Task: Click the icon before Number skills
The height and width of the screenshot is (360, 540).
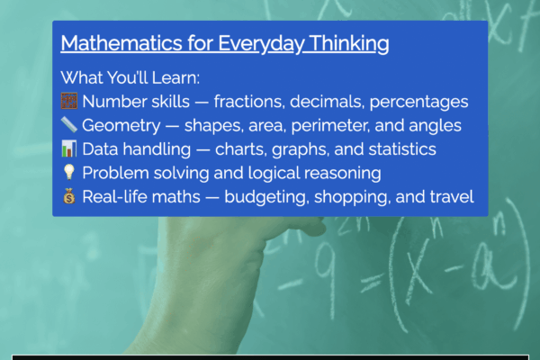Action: pos(68,102)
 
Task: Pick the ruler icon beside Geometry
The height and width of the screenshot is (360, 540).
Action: pos(68,125)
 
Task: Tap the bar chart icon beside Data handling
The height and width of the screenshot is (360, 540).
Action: pos(68,148)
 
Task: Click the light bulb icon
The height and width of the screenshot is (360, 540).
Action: pos(68,172)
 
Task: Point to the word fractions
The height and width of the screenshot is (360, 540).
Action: pos(254,102)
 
